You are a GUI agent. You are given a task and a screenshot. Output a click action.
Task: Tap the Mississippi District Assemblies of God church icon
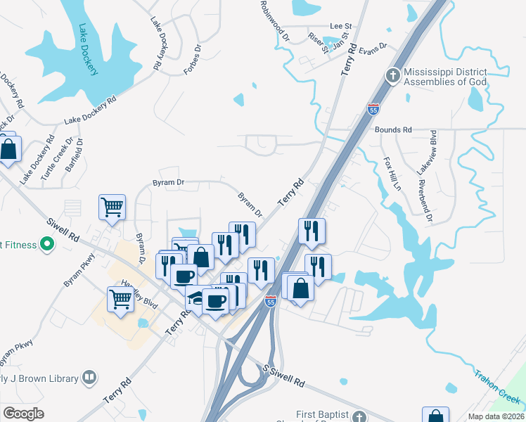pos(393,75)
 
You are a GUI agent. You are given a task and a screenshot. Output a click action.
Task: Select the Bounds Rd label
pos(393,130)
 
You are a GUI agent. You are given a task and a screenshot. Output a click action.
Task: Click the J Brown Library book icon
pos(89,378)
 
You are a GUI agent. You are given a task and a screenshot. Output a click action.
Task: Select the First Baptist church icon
pos(359,416)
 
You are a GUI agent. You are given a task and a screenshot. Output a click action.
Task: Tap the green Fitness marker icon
pos(47,245)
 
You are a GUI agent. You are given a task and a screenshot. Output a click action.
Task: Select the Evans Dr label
pos(373,48)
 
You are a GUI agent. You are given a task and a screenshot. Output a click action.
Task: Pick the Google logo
pos(23,414)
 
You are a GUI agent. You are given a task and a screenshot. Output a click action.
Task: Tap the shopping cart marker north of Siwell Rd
pos(112,207)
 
